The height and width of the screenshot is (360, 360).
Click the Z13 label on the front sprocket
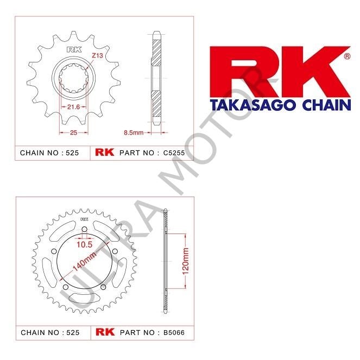pos(97,55)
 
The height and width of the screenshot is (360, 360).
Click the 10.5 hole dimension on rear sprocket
pos(84,245)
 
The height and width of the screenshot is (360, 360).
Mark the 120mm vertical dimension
pos(186,260)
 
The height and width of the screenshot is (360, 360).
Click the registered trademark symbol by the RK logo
pos(347,56)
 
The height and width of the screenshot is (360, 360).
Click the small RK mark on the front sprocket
pos(72,50)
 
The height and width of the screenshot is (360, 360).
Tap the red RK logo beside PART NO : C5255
pos(105,153)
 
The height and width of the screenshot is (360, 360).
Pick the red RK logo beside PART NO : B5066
pos(105,331)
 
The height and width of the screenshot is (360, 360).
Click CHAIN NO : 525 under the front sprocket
pos(49,153)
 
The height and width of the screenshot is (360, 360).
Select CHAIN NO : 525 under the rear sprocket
pos(49,331)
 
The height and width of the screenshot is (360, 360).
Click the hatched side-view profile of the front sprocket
pos(156,81)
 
